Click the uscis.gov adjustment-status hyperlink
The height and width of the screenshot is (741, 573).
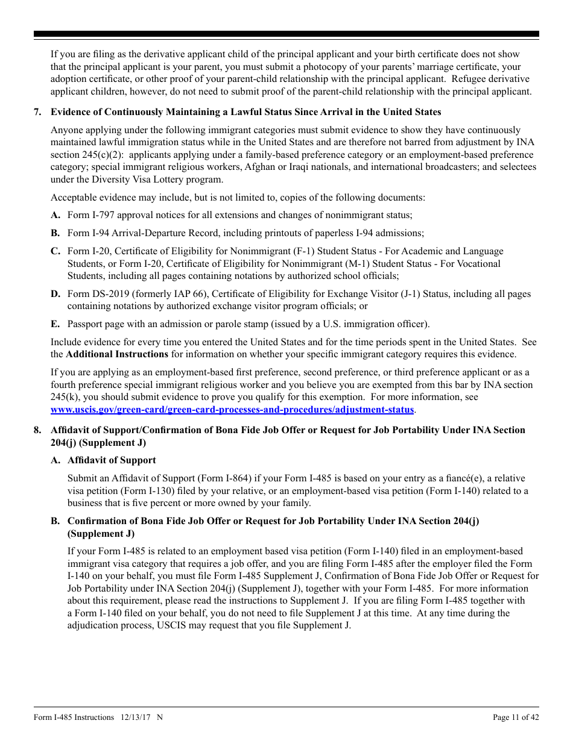[x=232, y=410]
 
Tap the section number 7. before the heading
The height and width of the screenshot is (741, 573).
[x=37, y=112]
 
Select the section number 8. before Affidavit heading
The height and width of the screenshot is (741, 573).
[x=37, y=430]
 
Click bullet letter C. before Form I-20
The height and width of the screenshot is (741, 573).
[x=55, y=251]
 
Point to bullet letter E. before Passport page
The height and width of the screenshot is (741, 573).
[x=55, y=324]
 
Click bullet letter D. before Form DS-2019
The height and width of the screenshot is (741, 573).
[x=55, y=294]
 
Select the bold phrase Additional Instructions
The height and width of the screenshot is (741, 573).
[x=117, y=354]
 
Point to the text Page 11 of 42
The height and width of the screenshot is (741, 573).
[x=516, y=717]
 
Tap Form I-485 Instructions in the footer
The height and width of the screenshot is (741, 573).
[x=74, y=717]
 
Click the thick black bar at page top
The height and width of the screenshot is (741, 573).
[x=286, y=34]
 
